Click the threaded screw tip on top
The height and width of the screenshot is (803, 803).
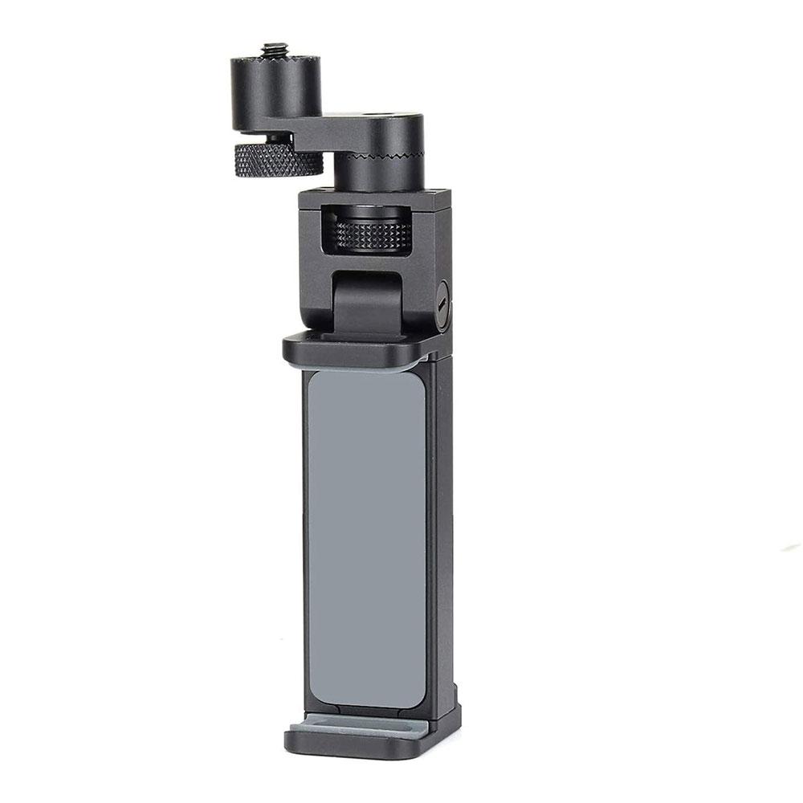click(277, 49)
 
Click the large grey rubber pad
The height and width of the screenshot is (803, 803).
click(365, 538)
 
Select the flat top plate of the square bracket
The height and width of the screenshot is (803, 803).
click(373, 195)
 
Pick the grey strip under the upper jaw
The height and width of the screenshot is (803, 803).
click(361, 365)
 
